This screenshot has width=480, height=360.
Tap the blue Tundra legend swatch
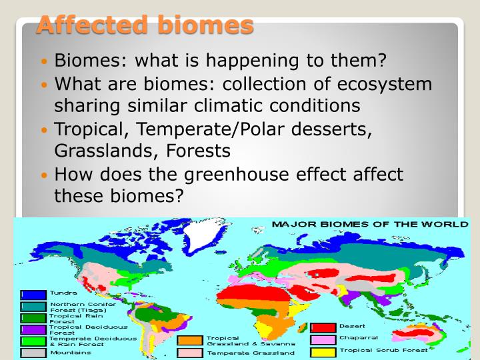click(x=33, y=294)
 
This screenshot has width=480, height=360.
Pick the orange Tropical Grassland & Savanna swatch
click(x=190, y=341)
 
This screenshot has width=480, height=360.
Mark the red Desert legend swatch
click(x=323, y=327)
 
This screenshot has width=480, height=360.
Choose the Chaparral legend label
click(x=359, y=338)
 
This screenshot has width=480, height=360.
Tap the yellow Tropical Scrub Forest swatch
click(x=323, y=351)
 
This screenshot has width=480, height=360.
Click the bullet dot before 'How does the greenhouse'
click(x=45, y=175)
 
